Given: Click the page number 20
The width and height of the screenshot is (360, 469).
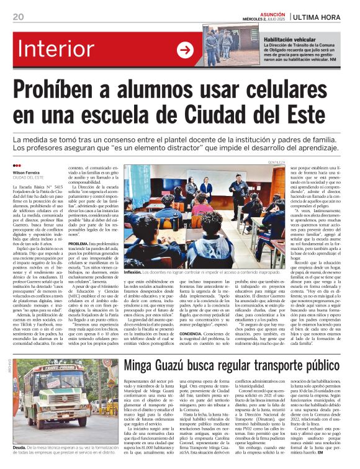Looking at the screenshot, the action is [x=18, y=16].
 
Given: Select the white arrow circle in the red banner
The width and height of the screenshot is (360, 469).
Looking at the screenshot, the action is [x=185, y=50].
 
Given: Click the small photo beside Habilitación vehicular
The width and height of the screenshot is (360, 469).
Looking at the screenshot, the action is [x=232, y=46].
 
